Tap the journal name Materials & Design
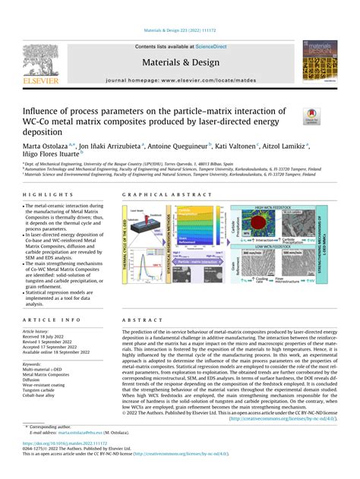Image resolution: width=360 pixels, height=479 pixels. click(180, 63)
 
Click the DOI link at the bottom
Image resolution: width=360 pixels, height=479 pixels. click(62, 443)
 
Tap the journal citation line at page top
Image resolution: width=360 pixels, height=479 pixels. click(180, 31)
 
